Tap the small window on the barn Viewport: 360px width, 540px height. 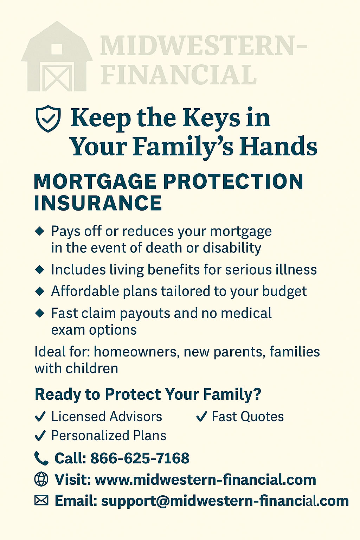coord(57,50)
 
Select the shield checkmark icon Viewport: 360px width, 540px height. coord(48,118)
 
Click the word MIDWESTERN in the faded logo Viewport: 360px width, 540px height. coord(204,45)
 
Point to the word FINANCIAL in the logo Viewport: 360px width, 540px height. coord(178,75)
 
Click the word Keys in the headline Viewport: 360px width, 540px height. coord(211,118)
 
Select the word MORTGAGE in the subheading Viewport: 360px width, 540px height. coord(95,181)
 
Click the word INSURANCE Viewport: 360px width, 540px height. coord(98,203)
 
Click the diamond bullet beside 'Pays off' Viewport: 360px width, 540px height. coord(39,231)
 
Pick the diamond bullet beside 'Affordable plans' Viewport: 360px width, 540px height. coord(39,291)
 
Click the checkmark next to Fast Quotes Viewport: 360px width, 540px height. coord(201,416)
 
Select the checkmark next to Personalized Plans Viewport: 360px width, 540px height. coord(40,435)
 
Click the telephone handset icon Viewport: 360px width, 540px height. coord(41,458)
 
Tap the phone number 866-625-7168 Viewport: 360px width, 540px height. coord(140,458)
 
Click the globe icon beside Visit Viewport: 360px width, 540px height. coord(41,479)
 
